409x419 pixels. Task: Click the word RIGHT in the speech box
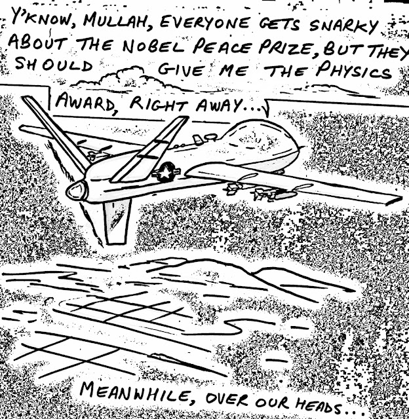[154, 105]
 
